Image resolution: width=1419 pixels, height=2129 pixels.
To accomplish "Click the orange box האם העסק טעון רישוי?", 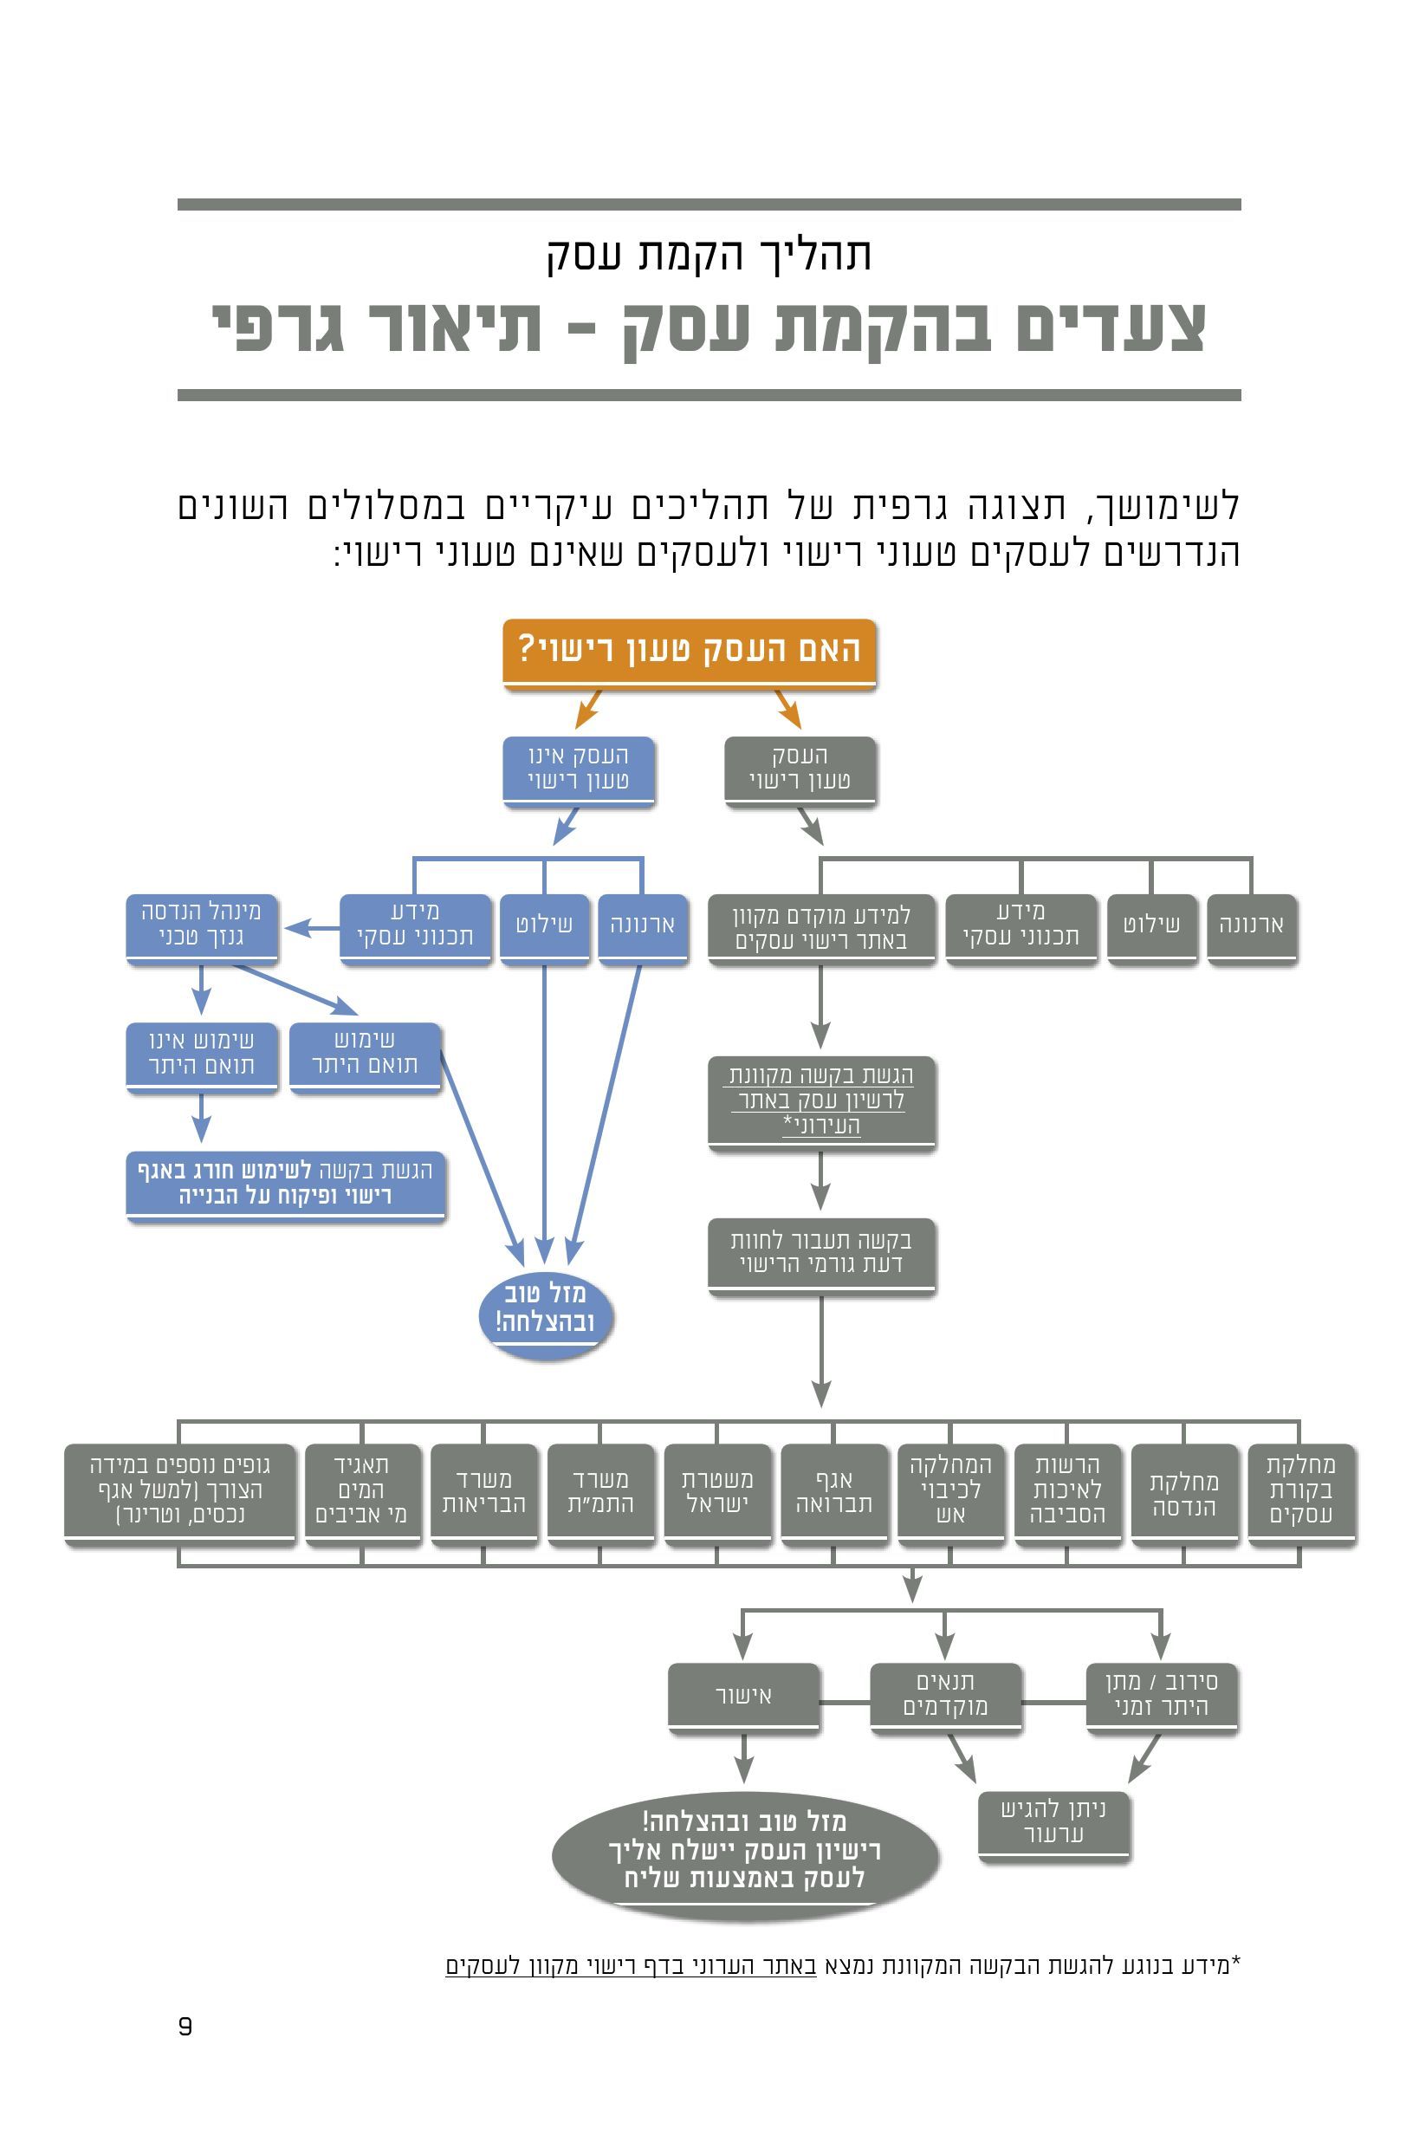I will point(689,652).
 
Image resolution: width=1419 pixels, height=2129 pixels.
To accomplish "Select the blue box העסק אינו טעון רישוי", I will point(579,769).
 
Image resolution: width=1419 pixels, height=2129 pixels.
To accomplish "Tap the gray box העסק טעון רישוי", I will point(800,769).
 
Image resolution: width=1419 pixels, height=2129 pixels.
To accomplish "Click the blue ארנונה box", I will point(643,926).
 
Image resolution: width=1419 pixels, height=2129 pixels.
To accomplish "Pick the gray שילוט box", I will point(1151,926).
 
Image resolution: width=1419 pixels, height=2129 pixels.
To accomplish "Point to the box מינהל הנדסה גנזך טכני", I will point(201,926).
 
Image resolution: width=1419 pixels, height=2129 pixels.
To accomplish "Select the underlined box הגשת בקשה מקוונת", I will point(820,1100).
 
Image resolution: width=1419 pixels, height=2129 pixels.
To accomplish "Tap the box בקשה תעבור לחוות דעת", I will point(820,1253).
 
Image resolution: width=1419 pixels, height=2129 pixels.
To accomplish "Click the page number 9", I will point(185,2026).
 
